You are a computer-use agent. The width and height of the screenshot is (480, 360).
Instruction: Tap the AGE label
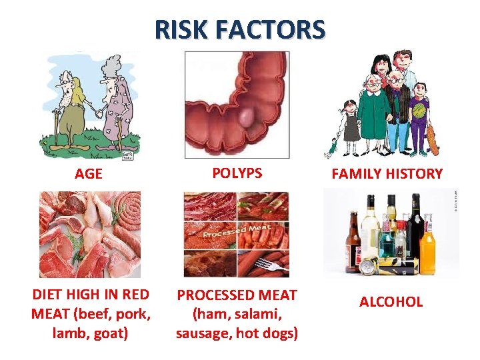[89, 174]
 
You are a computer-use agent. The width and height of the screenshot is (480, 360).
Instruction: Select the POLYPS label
[237, 173]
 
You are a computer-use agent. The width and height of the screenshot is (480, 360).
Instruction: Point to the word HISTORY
[417, 174]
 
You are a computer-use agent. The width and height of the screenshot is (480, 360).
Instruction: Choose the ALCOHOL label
[391, 301]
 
